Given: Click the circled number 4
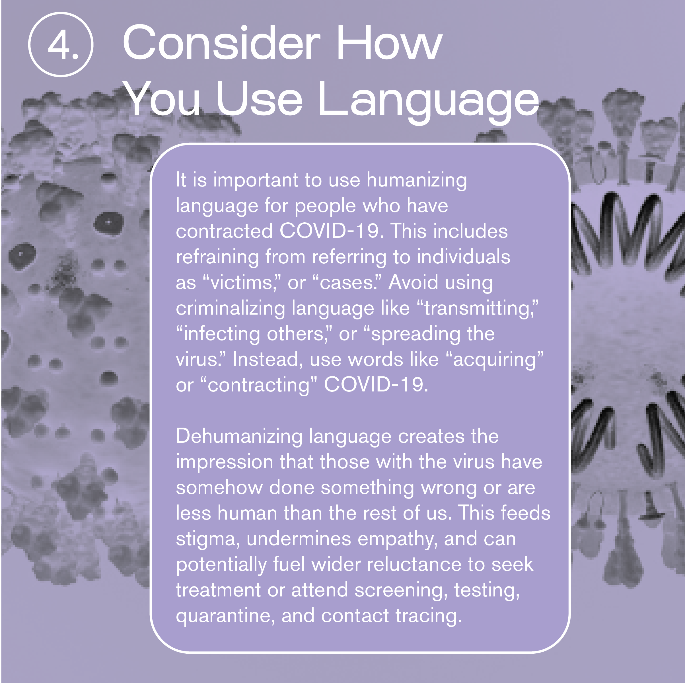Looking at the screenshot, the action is coord(61,45).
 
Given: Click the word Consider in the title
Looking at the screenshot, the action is coord(222,42).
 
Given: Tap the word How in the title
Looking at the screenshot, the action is coord(389,42).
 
